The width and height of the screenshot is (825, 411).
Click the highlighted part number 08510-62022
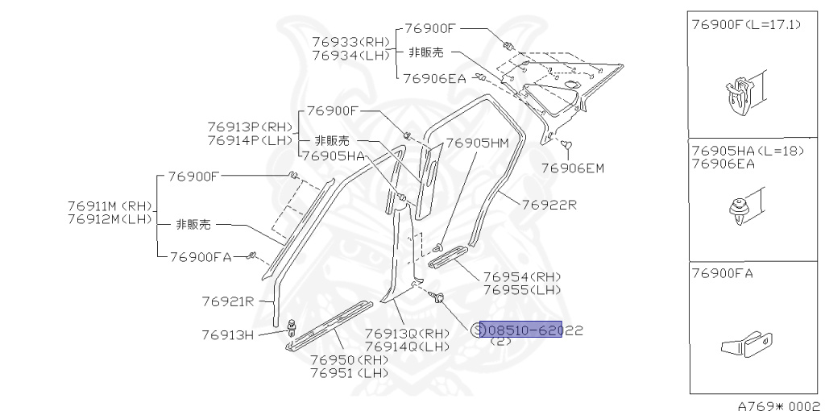(521, 330)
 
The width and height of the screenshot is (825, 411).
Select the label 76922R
(549, 205)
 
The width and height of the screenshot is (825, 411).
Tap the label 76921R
(228, 301)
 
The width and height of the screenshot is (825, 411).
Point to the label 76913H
(227, 334)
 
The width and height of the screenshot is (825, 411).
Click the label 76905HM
(477, 143)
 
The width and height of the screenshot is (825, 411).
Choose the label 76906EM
(572, 168)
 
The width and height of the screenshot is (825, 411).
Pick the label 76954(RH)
(520, 276)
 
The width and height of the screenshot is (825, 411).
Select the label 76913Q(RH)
(408, 333)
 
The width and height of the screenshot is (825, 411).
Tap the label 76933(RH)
(350, 41)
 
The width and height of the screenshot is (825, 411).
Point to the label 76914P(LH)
(250, 140)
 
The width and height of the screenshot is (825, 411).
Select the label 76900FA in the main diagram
(201, 257)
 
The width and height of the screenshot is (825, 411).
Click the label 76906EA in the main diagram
(433, 78)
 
